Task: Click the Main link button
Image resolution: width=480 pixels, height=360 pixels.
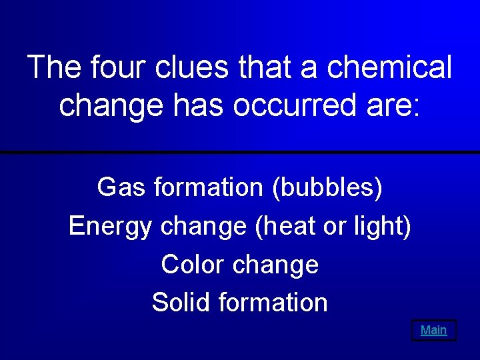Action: pos(433,330)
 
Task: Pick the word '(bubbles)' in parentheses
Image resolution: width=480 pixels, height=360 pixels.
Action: pos(327,188)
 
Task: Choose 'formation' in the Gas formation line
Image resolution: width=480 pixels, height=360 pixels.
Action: pos(209,187)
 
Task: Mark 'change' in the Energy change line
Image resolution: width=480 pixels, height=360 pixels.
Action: pos(203,227)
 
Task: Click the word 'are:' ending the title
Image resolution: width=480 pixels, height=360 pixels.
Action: pos(395,105)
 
